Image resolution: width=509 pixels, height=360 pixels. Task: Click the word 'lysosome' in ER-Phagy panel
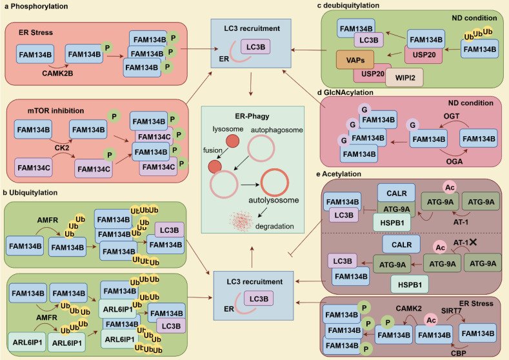click(230, 129)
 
